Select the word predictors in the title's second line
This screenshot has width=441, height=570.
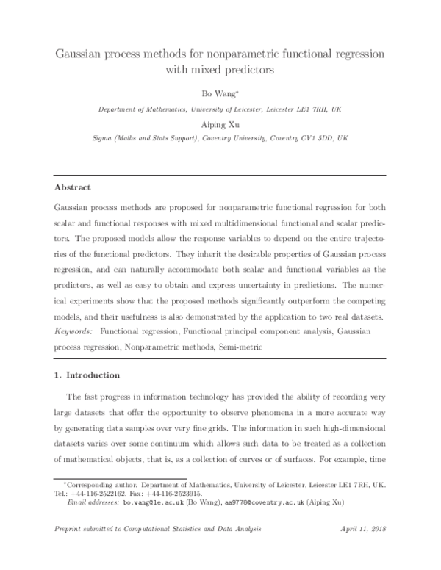tap(248, 71)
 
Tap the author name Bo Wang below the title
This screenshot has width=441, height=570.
tap(220, 94)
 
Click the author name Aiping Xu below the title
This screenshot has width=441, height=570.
tap(220, 124)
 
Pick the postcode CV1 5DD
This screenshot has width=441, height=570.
tap(308, 138)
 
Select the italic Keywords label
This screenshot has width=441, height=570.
tap(78, 331)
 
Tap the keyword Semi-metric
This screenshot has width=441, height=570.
tap(241, 345)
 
